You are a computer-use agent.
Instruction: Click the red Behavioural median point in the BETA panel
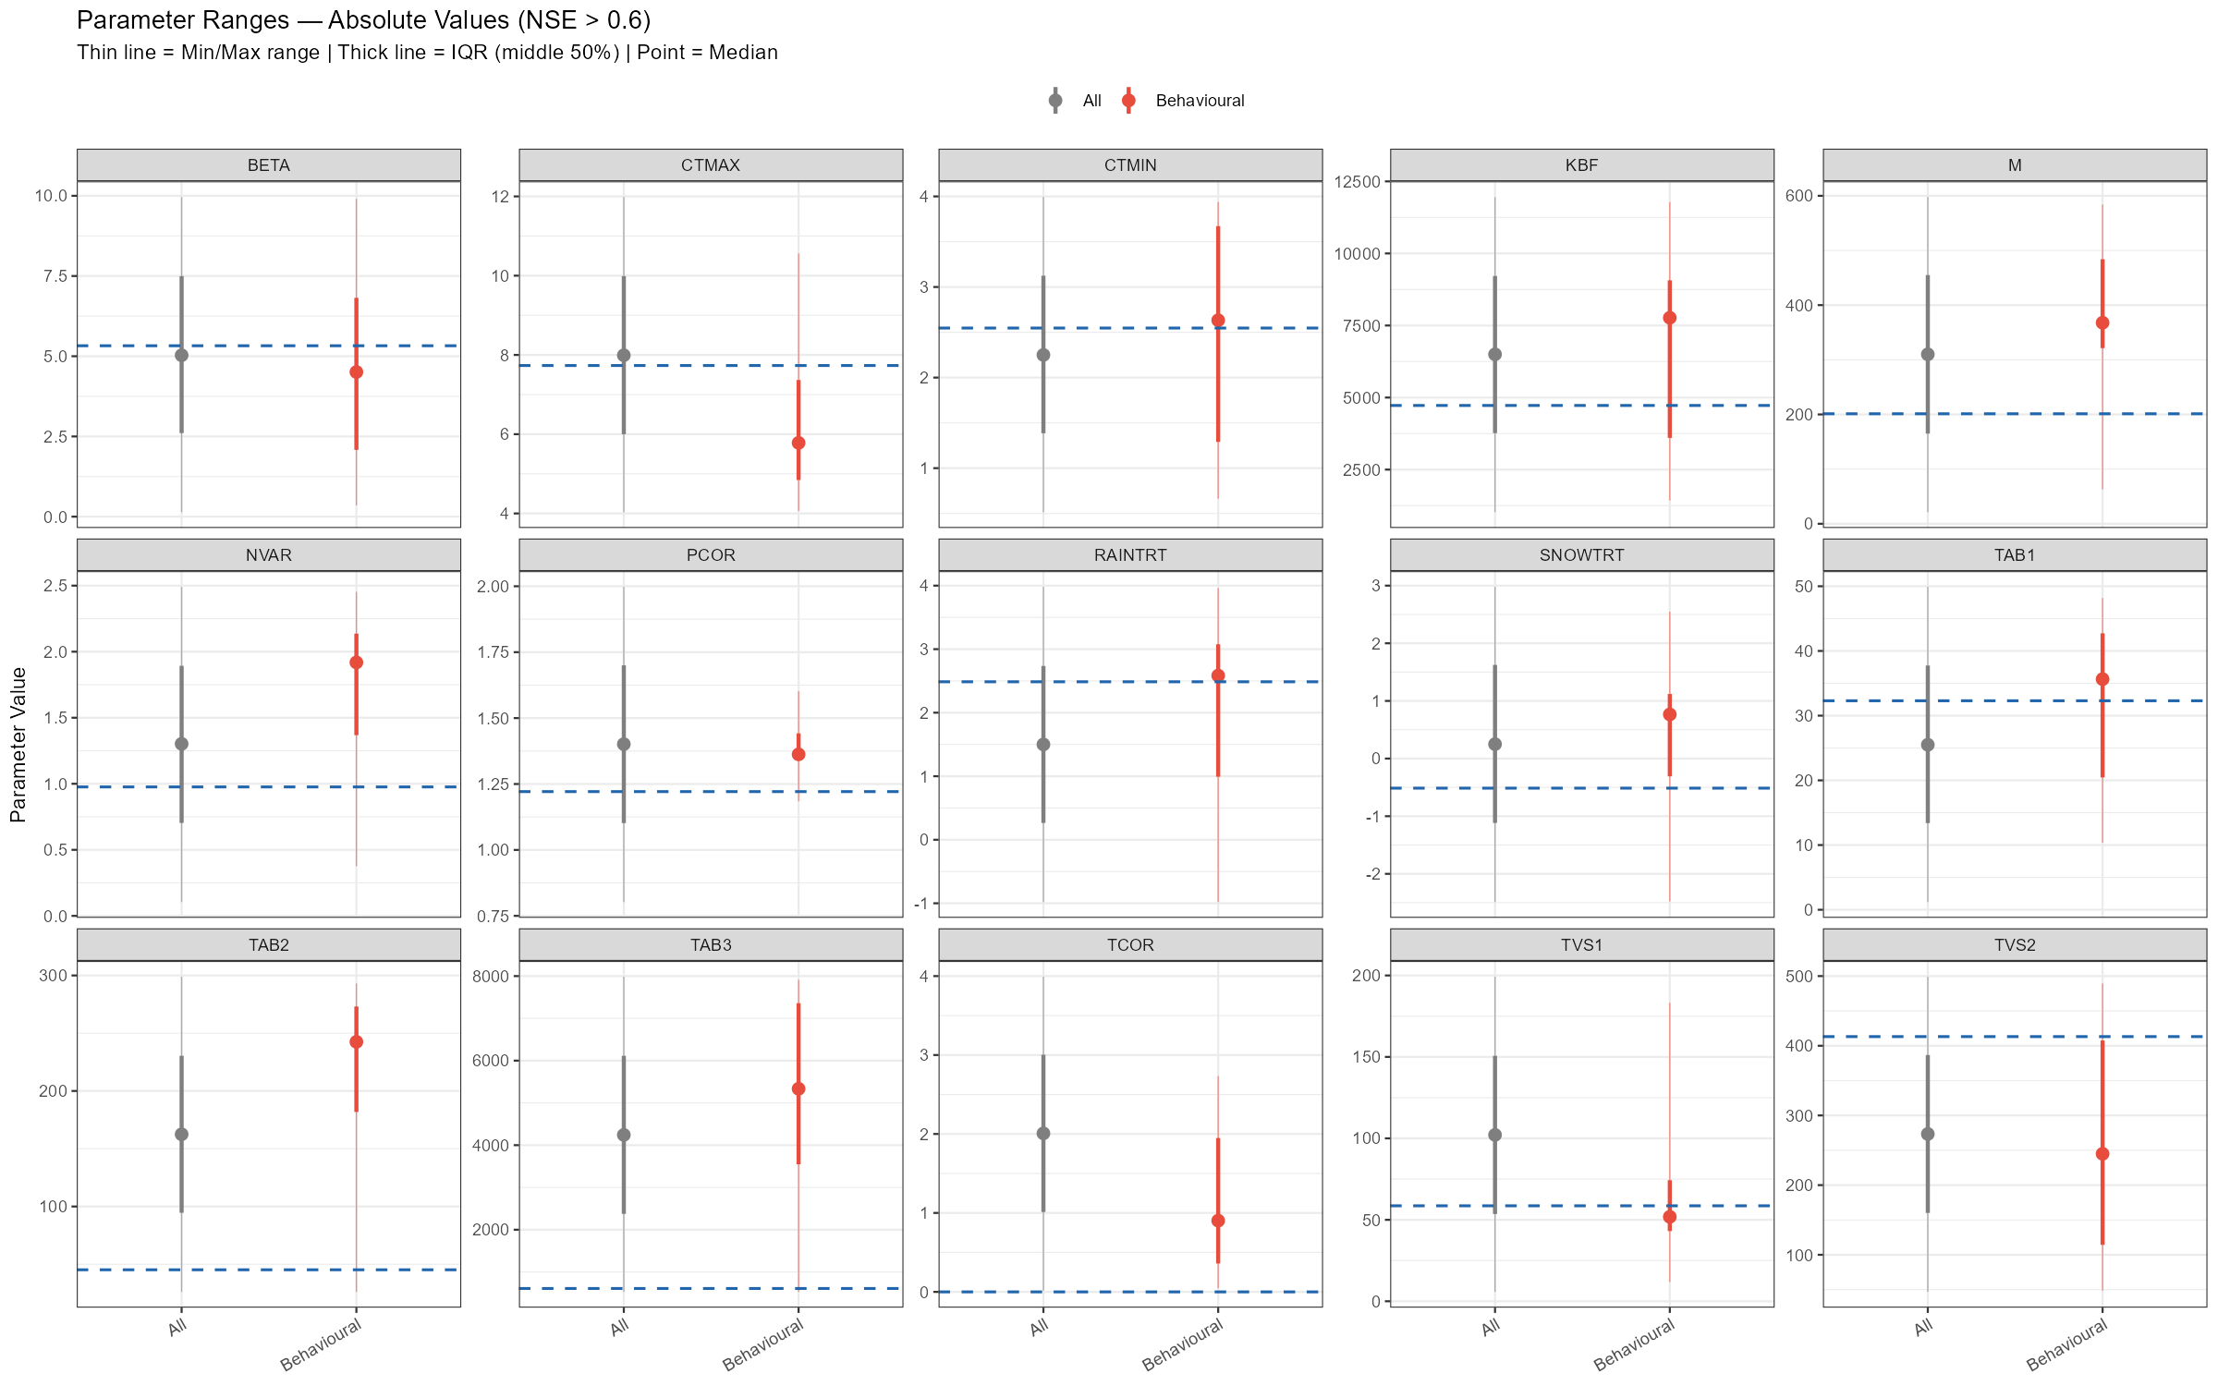[356, 372]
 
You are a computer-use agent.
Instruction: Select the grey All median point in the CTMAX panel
[624, 356]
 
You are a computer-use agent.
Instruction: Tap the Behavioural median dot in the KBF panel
[1669, 318]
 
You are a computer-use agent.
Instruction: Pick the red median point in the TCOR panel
[1218, 1221]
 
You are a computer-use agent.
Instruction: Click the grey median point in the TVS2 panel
[1928, 1134]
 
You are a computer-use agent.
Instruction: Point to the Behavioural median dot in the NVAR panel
[356, 663]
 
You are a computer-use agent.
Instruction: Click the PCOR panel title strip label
[711, 555]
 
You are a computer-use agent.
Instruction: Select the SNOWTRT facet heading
[1581, 555]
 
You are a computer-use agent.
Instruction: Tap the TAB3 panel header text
[711, 945]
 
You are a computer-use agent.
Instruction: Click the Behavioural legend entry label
[1200, 101]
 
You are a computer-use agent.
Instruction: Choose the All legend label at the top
[1092, 101]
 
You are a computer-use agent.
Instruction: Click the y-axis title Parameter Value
[18, 745]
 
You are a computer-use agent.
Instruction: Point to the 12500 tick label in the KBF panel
[1357, 182]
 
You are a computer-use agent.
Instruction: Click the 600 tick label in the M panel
[1798, 196]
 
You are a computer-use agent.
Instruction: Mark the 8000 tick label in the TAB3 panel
[491, 977]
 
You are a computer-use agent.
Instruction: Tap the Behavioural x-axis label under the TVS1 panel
[1634, 1344]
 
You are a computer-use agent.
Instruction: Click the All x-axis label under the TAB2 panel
[177, 1329]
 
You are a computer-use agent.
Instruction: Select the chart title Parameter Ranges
[364, 20]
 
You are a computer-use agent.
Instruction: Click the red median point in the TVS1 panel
[1669, 1217]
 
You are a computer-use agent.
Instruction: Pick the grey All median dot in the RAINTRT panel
[1043, 745]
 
